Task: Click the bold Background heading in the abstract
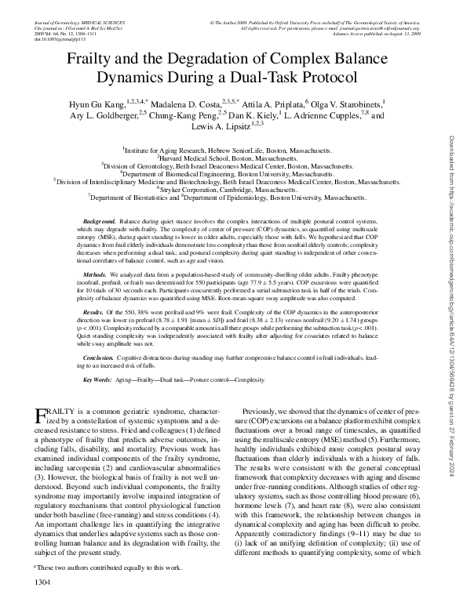click(100, 223)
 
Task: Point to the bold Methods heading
click(96, 276)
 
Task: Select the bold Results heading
click(95, 312)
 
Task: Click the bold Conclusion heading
click(100, 356)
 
